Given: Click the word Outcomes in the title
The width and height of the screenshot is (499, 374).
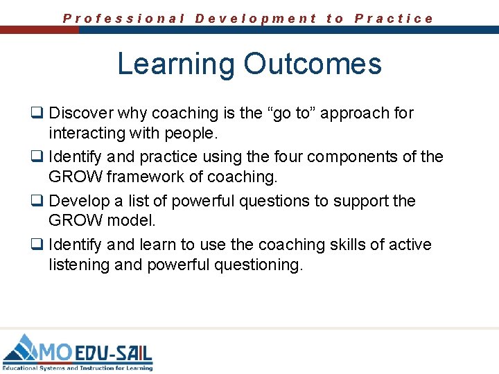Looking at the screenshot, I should pyautogui.click(x=312, y=64).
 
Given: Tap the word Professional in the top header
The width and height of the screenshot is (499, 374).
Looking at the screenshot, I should pyautogui.click(x=123, y=19).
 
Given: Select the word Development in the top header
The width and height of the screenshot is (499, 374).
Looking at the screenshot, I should pyautogui.click(x=256, y=19).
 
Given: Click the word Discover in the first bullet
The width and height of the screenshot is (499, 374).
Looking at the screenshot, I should pyautogui.click(x=82, y=113).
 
